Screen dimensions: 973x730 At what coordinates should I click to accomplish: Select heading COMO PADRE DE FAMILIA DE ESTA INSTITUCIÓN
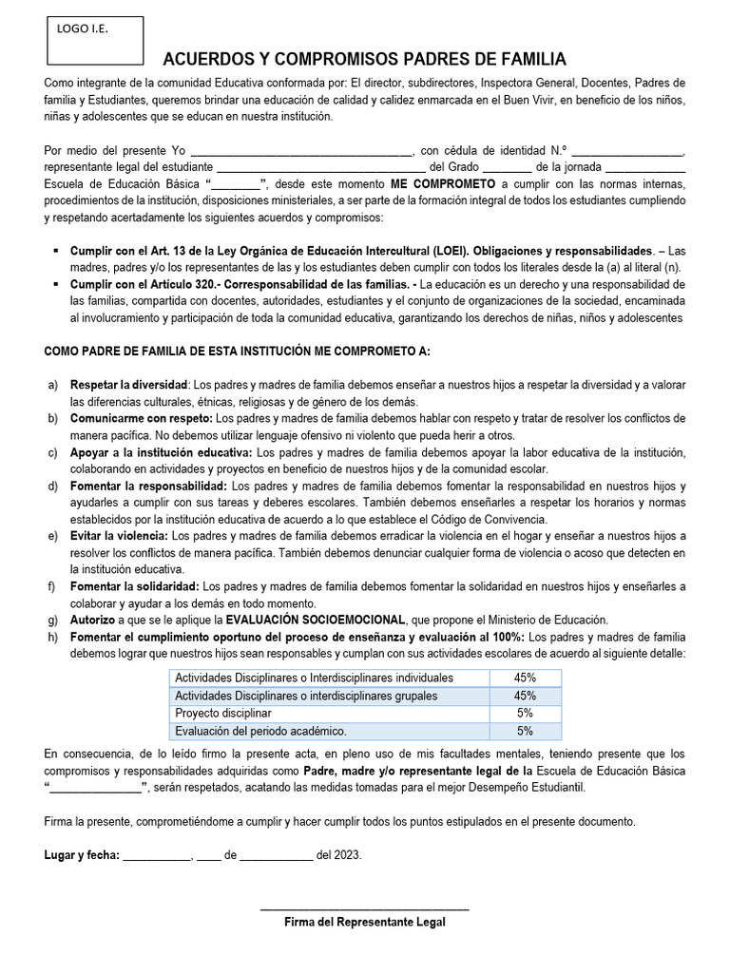point(238,352)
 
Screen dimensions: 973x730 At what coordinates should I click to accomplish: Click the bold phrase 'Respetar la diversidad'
point(129,385)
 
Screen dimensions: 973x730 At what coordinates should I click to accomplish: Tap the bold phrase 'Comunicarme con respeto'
point(140,418)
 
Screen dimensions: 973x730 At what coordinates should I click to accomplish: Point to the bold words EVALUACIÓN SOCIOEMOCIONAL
point(328,620)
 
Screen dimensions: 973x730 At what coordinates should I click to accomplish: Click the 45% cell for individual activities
point(525,677)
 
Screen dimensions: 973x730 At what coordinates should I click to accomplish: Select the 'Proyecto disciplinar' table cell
point(221,713)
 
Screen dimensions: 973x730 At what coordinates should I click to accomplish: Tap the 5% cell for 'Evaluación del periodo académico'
point(525,731)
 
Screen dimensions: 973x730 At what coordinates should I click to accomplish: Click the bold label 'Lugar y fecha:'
point(82,854)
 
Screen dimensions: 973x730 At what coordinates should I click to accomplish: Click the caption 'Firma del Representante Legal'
point(364,922)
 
